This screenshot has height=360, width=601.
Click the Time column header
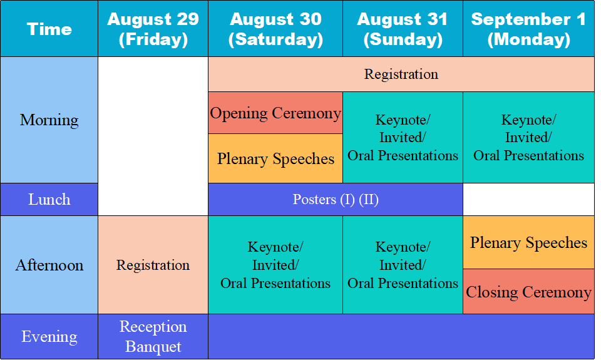[49, 29]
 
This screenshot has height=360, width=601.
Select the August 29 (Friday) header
[153, 29]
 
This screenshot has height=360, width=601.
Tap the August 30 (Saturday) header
[275, 29]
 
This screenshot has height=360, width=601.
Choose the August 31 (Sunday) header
[403, 29]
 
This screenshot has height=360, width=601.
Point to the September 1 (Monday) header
[528, 29]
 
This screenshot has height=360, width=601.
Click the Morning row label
[49, 120]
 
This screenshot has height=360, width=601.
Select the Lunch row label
[49, 199]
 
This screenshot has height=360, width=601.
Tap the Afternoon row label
[49, 265]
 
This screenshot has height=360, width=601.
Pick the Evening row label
[49, 337]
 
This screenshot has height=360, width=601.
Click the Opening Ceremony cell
[275, 113]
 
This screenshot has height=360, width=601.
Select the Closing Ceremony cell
[528, 291]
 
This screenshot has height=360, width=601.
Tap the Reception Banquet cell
[153, 337]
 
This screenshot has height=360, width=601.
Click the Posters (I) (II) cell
[336, 199]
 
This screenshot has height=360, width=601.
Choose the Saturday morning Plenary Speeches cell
[275, 158]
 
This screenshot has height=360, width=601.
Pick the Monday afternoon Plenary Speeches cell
[528, 242]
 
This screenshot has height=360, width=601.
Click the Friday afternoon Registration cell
[153, 265]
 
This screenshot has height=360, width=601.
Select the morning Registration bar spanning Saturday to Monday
[401, 75]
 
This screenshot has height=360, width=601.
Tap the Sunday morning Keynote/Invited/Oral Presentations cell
[403, 137]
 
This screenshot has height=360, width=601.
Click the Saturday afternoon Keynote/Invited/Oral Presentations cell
[275, 265]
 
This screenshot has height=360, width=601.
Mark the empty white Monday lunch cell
[528, 199]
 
